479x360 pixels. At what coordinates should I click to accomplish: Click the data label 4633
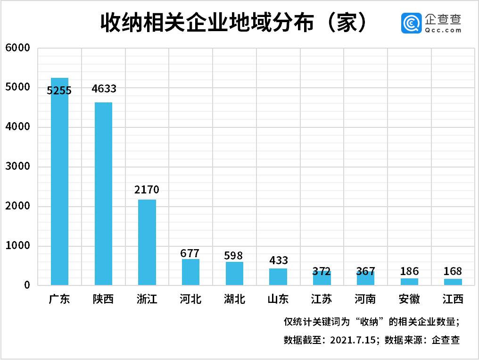[104, 89]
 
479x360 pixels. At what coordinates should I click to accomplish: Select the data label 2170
[147, 190]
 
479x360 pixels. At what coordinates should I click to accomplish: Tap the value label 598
[234, 256]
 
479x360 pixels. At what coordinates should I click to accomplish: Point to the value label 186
[409, 271]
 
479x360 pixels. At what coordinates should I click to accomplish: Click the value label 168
[453, 272]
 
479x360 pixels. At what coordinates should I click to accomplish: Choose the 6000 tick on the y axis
[17, 48]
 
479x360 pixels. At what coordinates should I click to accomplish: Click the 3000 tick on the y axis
[17, 167]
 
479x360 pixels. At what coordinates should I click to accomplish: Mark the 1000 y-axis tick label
[17, 246]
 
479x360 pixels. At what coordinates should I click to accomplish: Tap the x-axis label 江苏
[322, 299]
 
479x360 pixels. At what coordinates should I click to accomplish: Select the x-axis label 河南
[365, 299]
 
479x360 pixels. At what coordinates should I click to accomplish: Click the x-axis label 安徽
[409, 299]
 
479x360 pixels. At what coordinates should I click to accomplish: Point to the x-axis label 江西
[453, 299]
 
